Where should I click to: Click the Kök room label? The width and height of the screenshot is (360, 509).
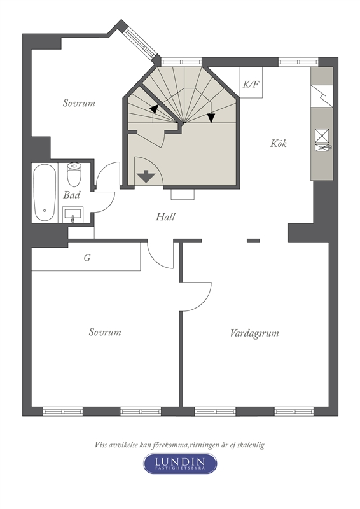pos(278,143)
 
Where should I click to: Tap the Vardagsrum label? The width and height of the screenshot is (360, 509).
pos(254,333)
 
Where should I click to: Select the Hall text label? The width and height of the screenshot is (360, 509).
pos(165,216)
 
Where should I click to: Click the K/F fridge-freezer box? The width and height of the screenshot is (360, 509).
pos(251,82)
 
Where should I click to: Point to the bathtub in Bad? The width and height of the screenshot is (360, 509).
pos(45,193)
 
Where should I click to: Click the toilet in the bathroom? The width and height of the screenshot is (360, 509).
pos(74,174)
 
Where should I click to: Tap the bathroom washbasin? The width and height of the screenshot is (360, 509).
pos(73,214)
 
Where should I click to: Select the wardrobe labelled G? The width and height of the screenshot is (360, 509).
pos(86,257)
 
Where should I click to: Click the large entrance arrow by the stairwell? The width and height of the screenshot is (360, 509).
pos(146,176)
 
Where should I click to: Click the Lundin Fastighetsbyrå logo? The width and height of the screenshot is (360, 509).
pos(180,464)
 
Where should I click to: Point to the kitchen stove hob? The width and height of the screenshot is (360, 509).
pos(322,136)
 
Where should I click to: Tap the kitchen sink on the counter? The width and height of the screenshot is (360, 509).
pos(322,148)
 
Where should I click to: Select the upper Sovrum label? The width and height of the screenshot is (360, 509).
pos(79,103)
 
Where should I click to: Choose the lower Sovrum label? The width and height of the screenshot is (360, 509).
pos(105,332)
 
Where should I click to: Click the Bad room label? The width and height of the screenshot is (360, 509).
pos(71,195)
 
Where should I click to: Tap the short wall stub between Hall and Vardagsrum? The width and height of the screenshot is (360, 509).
pos(253,241)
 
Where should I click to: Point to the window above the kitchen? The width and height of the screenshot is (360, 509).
pos(298,62)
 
